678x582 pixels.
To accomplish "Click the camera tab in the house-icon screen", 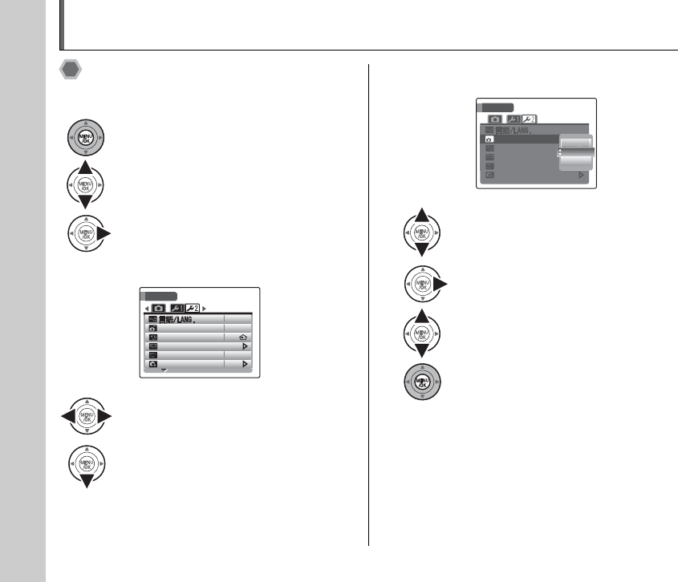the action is [158, 307].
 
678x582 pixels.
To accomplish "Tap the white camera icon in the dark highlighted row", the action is [489, 139].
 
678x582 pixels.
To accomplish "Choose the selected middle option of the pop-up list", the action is [575, 152].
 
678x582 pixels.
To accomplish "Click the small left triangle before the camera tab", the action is [146, 307].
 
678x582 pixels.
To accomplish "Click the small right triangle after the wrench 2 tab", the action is [204, 307].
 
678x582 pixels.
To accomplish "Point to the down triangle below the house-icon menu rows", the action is [164, 370].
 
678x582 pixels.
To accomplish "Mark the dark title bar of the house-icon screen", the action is [161, 295].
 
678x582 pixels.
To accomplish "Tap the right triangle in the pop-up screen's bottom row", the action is [583, 174].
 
